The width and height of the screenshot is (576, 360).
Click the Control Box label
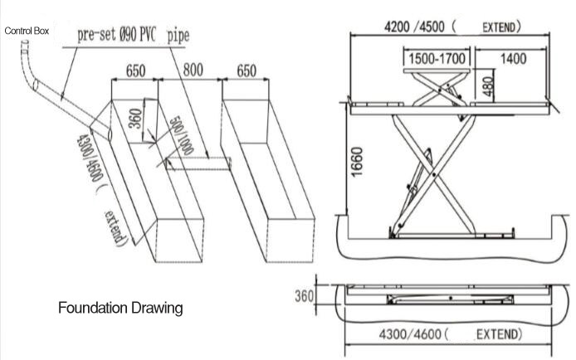27,31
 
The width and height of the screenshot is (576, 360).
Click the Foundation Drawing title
120,309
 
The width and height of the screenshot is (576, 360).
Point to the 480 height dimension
488,85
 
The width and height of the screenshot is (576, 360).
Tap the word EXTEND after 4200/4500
501,27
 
